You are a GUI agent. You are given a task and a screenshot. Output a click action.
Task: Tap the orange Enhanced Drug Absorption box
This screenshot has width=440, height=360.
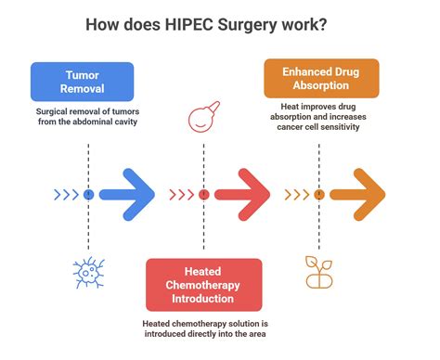320,78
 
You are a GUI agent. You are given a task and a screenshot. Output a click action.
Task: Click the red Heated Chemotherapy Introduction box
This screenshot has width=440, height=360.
203,285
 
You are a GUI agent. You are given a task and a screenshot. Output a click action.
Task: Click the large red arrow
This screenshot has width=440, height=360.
241,195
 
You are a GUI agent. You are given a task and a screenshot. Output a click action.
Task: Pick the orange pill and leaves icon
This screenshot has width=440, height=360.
318,270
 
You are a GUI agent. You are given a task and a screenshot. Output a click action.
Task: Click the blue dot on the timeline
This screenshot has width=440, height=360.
88,195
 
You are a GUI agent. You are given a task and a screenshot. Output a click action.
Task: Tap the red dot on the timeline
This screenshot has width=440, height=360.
203,195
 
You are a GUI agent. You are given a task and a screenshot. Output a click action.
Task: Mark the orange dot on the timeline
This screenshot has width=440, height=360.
318,195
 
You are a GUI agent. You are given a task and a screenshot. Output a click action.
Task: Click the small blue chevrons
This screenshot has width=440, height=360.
67,195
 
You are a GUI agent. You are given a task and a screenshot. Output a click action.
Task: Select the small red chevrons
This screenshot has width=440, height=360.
182,195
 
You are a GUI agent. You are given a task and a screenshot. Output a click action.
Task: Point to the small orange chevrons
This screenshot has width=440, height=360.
297,195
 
